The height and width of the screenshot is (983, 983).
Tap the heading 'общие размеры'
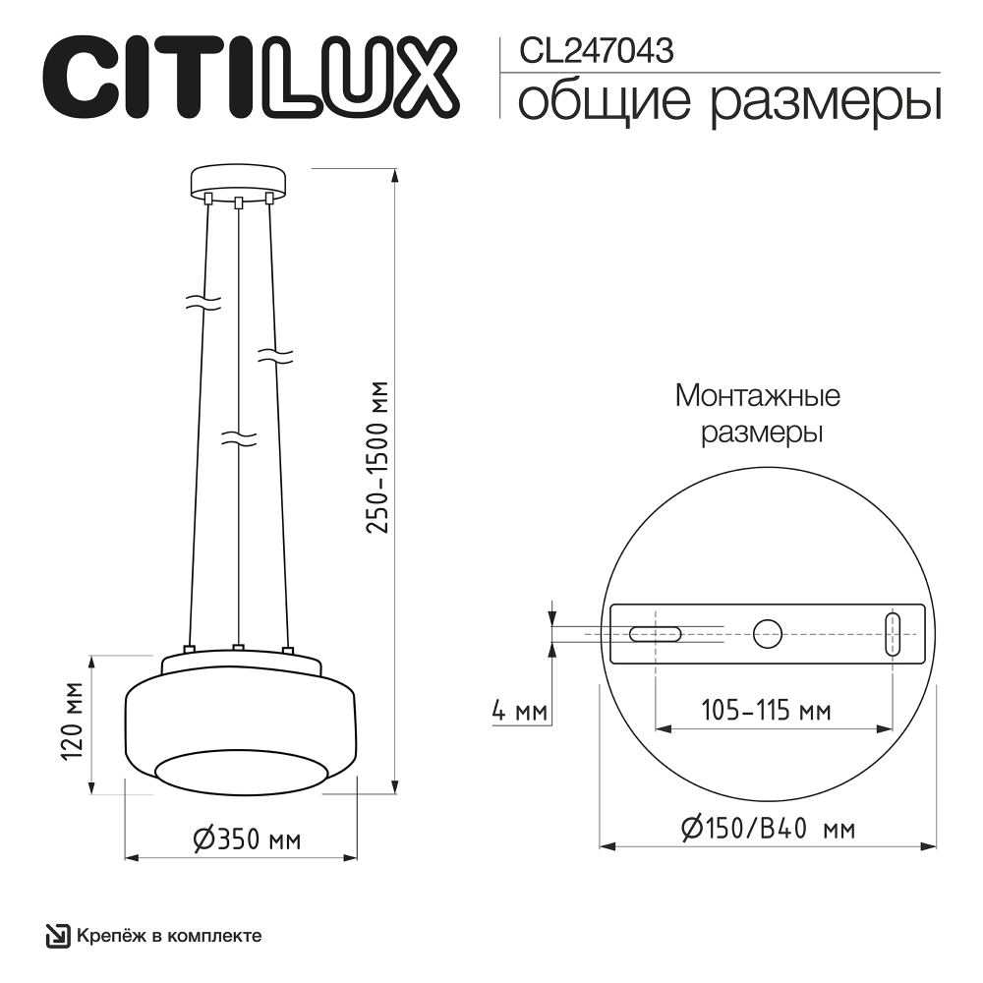click(728, 101)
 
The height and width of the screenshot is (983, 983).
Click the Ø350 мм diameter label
click(245, 839)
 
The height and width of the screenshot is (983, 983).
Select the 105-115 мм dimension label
click(766, 710)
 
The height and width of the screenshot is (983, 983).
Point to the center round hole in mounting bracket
click(767, 634)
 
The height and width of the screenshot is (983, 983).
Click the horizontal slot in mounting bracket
click(656, 634)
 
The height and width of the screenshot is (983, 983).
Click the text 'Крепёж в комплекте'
click(168, 935)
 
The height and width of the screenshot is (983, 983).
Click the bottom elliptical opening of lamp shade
click(241, 770)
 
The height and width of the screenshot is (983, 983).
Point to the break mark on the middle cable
click(239, 435)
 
